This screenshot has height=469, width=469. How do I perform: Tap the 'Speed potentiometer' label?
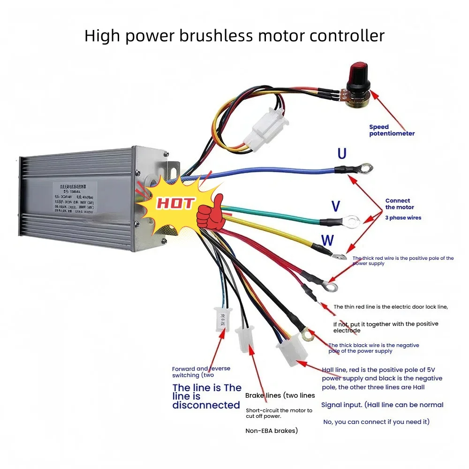[x=392, y=130]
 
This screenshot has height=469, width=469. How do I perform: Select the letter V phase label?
[x=336, y=206]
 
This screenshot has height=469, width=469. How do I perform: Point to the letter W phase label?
[x=327, y=241]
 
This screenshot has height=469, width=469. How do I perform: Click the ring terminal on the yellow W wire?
[x=340, y=256]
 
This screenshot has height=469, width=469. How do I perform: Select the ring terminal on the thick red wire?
[x=331, y=284]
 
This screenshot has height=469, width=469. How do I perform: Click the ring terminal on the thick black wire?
[x=308, y=334]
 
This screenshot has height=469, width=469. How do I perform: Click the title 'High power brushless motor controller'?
[x=234, y=36]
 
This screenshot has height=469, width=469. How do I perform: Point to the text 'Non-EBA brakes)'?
[x=272, y=431]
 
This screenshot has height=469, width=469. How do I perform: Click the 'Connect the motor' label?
[x=398, y=204]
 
